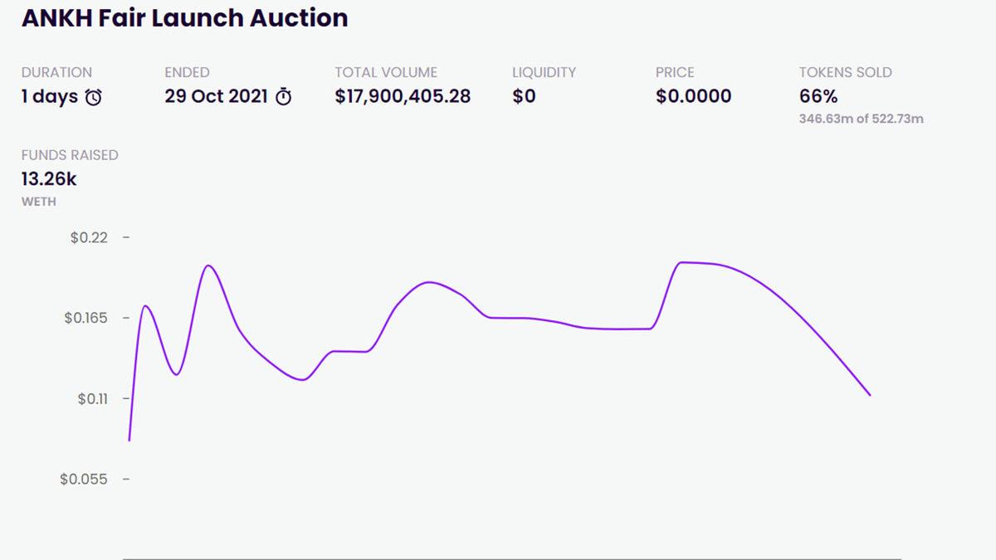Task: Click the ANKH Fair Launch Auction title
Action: click(x=184, y=18)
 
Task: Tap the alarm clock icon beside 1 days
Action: click(x=95, y=97)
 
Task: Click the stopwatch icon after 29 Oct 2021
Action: click(x=283, y=97)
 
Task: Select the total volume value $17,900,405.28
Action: click(x=403, y=96)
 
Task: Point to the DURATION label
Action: click(x=56, y=72)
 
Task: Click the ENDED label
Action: click(x=187, y=72)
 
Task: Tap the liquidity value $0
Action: click(x=524, y=96)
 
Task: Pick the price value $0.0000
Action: click(x=693, y=96)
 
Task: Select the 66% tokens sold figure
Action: click(x=818, y=96)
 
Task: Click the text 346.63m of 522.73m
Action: click(x=861, y=119)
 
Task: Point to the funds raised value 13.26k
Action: click(x=49, y=178)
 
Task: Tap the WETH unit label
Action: click(x=39, y=202)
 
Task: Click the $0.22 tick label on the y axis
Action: click(x=89, y=238)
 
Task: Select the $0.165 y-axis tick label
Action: click(x=85, y=319)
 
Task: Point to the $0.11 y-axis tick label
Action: click(x=92, y=399)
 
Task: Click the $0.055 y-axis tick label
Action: click(x=83, y=480)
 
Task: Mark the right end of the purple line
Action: click(x=870, y=395)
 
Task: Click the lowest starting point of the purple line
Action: click(x=129, y=440)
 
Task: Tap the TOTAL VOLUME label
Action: click(x=386, y=72)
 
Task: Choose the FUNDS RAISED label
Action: click(x=70, y=155)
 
